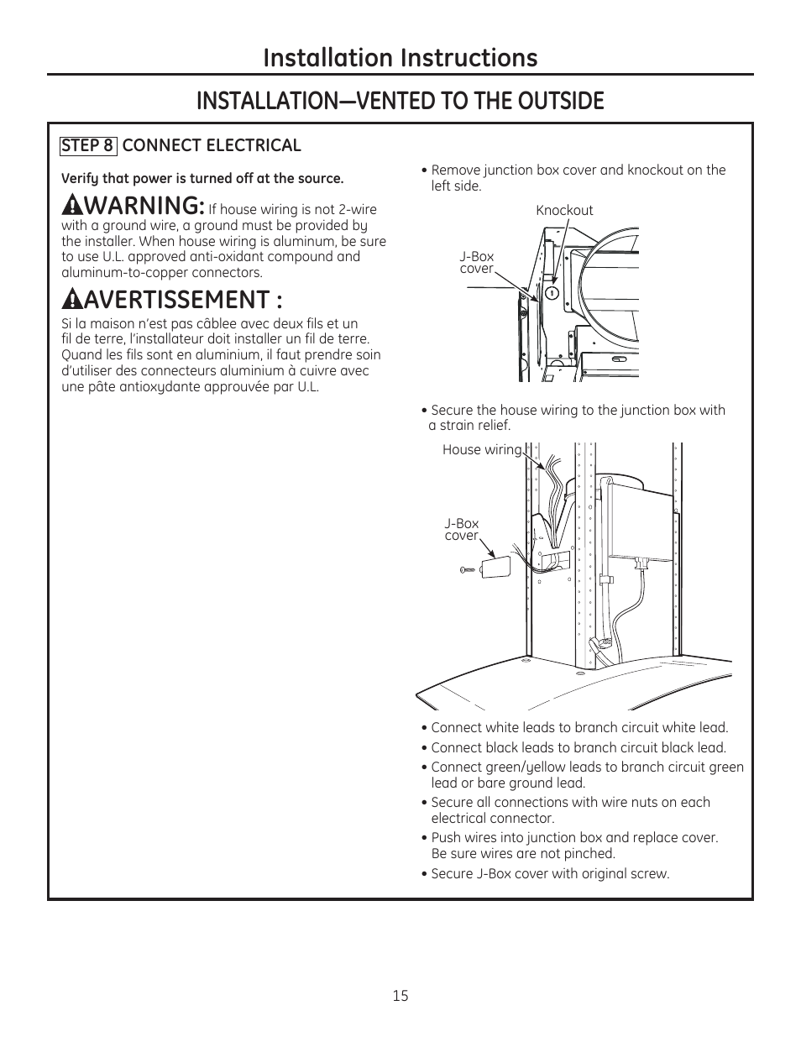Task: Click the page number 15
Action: [400, 995]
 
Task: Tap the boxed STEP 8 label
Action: [87, 145]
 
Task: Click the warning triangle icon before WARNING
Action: [71, 205]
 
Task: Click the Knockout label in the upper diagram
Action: [564, 211]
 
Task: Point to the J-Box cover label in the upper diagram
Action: [477, 263]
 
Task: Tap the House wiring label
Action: [482, 450]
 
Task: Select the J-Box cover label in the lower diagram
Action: [461, 530]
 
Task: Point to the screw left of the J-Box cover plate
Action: [468, 570]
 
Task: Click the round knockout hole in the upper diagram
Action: [552, 293]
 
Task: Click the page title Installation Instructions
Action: [400, 57]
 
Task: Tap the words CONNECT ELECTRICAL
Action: [212, 145]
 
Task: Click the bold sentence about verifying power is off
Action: [202, 178]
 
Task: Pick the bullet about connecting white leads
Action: [578, 728]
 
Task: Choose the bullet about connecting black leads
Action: [578, 747]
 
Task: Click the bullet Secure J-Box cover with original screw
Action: [550, 873]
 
